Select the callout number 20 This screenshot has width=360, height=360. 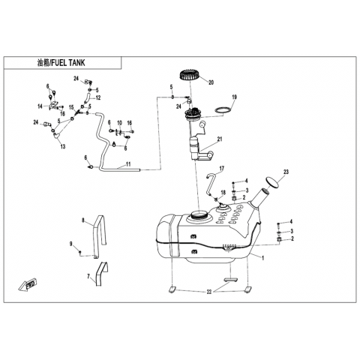[x=211, y=82]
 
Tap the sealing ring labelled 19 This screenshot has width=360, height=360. [x=223, y=109]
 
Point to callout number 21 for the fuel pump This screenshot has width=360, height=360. [x=220, y=139]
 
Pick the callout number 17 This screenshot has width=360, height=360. [x=222, y=169]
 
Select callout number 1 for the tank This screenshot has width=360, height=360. [x=262, y=258]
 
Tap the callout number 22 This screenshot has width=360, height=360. [x=209, y=292]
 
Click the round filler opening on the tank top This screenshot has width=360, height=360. [x=199, y=215]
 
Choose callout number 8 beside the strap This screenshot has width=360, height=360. [x=83, y=220]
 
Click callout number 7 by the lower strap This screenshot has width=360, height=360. [x=88, y=276]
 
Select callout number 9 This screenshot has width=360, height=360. [x=70, y=244]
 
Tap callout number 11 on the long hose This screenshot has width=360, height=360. [x=128, y=164]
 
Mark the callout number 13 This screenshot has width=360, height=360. [x=63, y=146]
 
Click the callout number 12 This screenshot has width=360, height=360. [x=98, y=97]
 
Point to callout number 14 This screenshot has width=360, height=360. [x=40, y=106]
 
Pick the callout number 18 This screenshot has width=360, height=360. [x=223, y=193]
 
